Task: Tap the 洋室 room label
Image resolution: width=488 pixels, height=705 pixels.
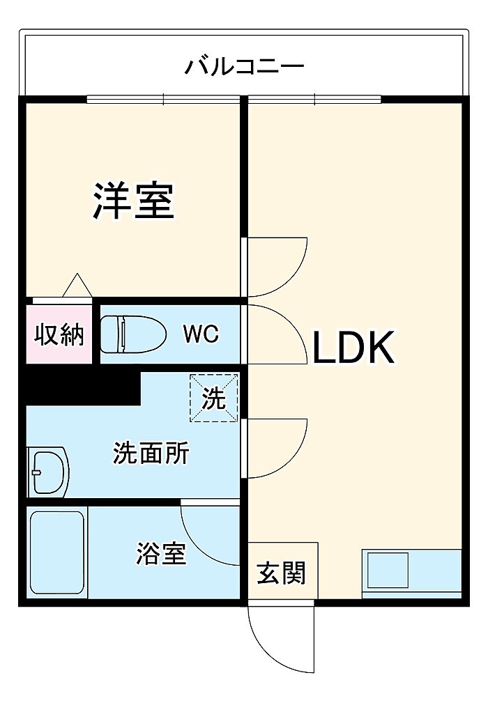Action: (134, 201)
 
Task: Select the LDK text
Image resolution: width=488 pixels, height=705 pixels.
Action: (353, 348)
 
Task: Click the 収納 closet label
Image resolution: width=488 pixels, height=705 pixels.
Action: (59, 334)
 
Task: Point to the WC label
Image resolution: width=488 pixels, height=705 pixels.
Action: (201, 333)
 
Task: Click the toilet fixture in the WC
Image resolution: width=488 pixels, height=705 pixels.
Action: (133, 334)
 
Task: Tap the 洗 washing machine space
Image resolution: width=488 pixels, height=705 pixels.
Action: (213, 398)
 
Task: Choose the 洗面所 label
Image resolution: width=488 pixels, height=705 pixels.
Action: (151, 453)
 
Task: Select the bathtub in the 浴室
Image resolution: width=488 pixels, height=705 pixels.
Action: (57, 553)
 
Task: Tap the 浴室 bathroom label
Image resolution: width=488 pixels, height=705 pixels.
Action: (162, 553)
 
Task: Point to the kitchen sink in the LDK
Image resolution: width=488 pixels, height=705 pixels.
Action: (388, 570)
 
